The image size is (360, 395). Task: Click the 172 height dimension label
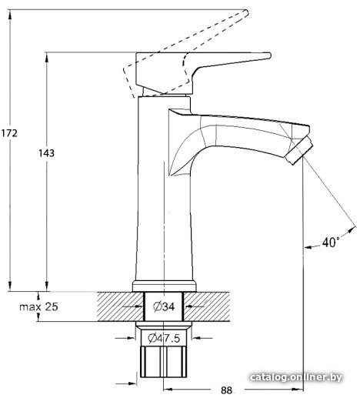9,133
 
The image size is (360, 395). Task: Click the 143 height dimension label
46,153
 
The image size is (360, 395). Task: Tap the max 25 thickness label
39,306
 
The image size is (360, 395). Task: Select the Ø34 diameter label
164,306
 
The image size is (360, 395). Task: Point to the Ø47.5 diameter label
164,338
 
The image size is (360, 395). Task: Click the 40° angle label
331,242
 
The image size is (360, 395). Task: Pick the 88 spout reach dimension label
226,390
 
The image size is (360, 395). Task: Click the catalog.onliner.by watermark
296,377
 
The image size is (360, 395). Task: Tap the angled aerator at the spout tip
300,151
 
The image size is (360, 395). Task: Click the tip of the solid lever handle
270,55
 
